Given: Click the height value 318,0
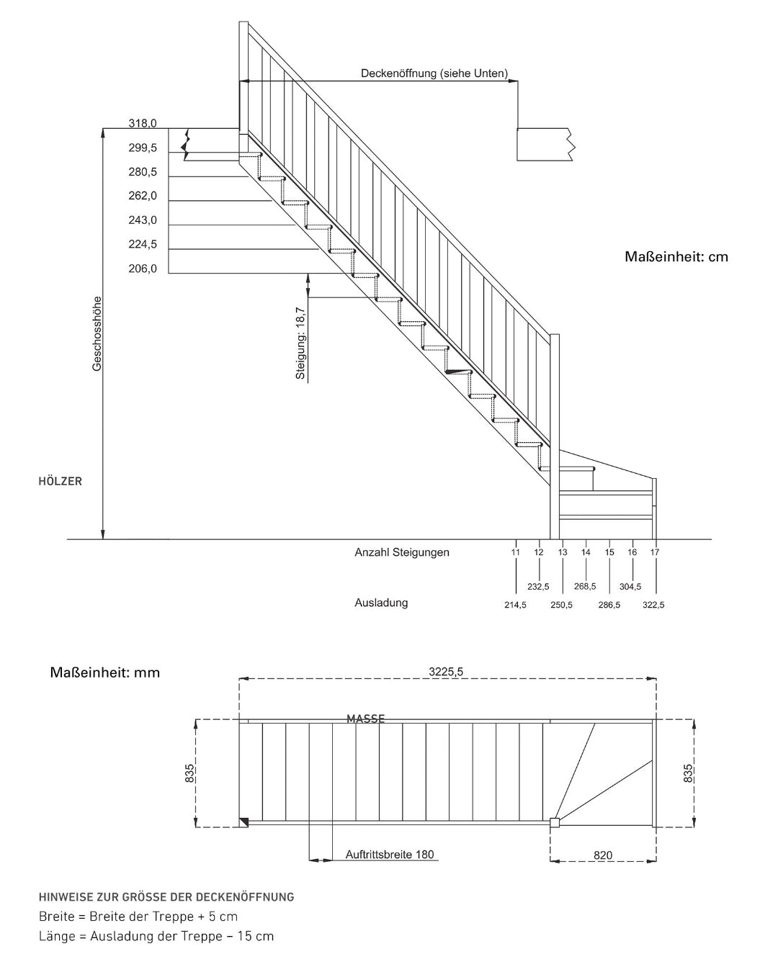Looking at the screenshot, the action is click(x=143, y=123).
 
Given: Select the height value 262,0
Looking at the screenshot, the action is click(x=143, y=196).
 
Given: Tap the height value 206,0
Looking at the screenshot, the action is click(x=143, y=269).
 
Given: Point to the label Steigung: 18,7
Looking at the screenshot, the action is click(x=300, y=343).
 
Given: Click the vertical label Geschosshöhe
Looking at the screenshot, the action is click(x=97, y=334).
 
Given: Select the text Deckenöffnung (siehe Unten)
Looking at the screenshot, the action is click(x=434, y=73).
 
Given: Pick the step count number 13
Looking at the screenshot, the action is click(x=563, y=552).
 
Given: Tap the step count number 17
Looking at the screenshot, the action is click(x=655, y=552).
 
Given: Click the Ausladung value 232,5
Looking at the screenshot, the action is click(x=538, y=586).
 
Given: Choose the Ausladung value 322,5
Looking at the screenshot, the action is click(x=653, y=605).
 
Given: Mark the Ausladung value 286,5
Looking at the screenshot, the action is click(x=609, y=605).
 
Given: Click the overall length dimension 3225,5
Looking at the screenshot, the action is click(x=446, y=672).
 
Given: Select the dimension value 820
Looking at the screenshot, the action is click(x=603, y=855).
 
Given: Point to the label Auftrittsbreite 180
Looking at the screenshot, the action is click(x=390, y=855).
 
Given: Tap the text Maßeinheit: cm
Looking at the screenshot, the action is click(x=676, y=256).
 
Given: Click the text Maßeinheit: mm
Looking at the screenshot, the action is click(x=105, y=672).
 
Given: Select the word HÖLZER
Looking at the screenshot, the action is click(x=60, y=481).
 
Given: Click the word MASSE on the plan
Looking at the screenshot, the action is click(x=366, y=719).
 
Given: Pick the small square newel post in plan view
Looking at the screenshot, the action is click(x=555, y=822).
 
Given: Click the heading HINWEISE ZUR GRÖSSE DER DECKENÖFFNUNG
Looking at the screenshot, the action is click(x=166, y=897).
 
